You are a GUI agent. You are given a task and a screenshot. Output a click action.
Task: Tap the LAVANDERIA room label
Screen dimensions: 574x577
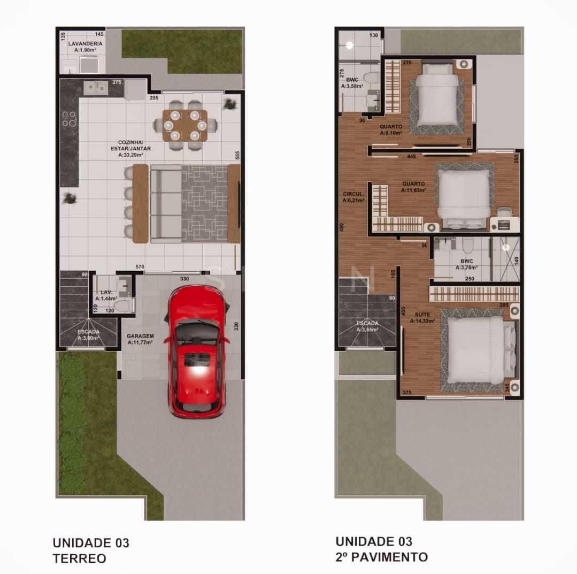point(86,43)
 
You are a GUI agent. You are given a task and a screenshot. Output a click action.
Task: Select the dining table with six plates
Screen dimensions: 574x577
point(184,125)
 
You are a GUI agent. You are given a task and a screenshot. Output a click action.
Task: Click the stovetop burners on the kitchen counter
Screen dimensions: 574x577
point(68,119)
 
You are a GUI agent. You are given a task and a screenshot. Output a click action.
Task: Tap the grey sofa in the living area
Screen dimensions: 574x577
point(166,203)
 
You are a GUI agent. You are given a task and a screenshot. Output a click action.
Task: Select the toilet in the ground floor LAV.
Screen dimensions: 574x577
point(124,306)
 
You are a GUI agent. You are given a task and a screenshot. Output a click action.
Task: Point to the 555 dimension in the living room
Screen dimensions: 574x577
point(236,156)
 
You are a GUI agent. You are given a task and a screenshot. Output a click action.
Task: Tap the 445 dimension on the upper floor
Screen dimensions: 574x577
point(411,157)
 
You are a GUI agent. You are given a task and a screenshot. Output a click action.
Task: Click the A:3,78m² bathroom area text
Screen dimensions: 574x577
point(466,267)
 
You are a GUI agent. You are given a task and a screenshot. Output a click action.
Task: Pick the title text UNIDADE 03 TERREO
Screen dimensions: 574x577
point(90,550)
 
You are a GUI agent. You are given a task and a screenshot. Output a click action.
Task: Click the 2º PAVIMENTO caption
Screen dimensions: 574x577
point(381,557)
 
